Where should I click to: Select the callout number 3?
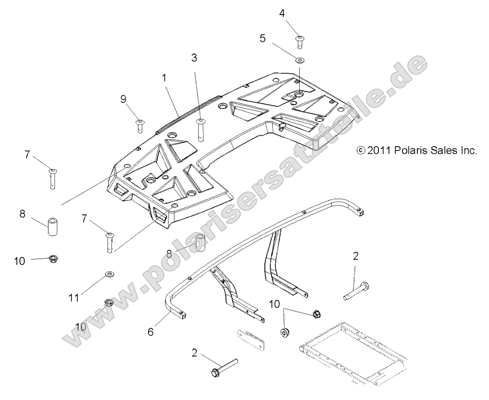(194, 58)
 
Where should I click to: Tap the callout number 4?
(282, 13)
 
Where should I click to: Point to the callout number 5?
(262, 38)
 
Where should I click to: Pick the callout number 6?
(151, 331)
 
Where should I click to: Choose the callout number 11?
(74, 297)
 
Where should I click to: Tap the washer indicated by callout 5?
(299, 59)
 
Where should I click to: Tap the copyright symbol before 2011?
(360, 151)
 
